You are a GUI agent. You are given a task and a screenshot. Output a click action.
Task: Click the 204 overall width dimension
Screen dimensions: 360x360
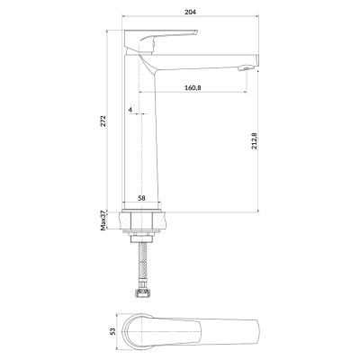tap(191, 12)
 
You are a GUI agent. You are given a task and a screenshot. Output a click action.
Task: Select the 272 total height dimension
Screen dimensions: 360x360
tap(103, 121)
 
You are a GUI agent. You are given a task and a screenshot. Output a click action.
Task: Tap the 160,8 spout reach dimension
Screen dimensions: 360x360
tap(193, 87)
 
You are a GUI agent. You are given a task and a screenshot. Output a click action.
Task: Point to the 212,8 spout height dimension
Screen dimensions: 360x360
tap(254, 140)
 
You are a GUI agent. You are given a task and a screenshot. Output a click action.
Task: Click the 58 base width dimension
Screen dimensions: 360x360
tap(141, 198)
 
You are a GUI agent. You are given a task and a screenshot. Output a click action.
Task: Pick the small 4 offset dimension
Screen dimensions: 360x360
tap(130, 110)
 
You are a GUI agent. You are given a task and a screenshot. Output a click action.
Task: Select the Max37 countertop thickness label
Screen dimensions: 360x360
tap(103, 220)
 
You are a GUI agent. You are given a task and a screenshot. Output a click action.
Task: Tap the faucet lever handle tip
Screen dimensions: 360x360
tap(195, 31)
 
